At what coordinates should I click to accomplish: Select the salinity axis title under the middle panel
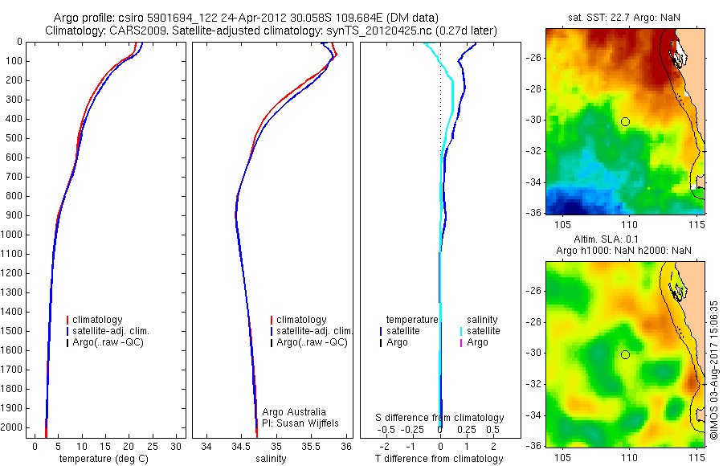(x=269, y=459)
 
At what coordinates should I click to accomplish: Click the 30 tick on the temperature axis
(x=177, y=445)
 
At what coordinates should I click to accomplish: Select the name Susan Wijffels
(x=298, y=423)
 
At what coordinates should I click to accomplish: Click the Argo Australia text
(x=295, y=412)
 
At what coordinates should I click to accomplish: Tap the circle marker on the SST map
(x=625, y=121)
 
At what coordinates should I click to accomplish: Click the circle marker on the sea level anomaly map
(x=625, y=354)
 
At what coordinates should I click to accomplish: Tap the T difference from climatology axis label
(x=439, y=459)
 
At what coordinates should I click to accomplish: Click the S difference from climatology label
(x=440, y=418)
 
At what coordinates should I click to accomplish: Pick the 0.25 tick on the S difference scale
(x=466, y=430)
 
